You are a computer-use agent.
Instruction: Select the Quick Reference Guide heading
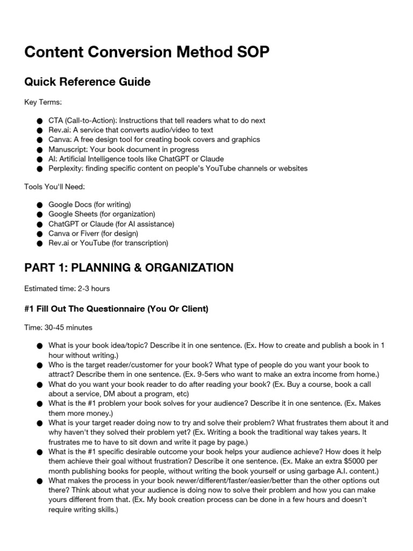pyautogui.click(x=87, y=82)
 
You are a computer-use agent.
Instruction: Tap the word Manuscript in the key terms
pyautogui.click(x=67, y=149)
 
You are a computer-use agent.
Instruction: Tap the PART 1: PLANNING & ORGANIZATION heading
pyautogui.click(x=129, y=268)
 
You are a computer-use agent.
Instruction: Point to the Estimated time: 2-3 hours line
pyautogui.click(x=67, y=289)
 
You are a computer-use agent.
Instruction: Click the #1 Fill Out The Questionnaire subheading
pyautogui.click(x=116, y=309)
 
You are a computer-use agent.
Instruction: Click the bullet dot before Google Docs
pyautogui.click(x=39, y=205)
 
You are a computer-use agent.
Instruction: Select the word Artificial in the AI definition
pyautogui.click(x=78, y=159)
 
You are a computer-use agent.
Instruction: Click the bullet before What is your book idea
pyautogui.click(x=39, y=346)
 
